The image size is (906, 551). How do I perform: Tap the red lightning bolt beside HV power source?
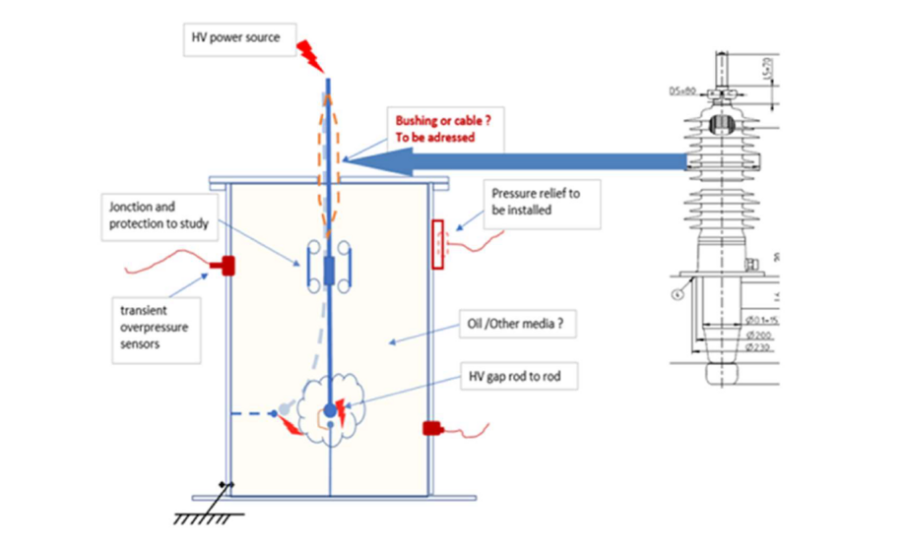point(308,55)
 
